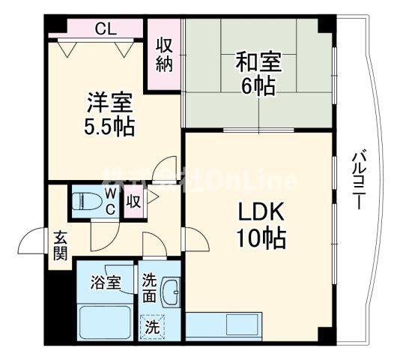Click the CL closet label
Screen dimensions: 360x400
click(x=106, y=29)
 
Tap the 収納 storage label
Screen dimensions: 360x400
click(x=164, y=54)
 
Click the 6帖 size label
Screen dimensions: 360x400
click(x=256, y=84)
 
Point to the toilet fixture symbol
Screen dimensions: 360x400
click(x=82, y=202)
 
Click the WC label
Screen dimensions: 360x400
click(x=109, y=202)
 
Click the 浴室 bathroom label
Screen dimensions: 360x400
click(x=105, y=283)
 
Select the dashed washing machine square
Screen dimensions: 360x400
click(x=152, y=327)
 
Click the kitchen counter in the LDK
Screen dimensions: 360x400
click(x=222, y=328)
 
